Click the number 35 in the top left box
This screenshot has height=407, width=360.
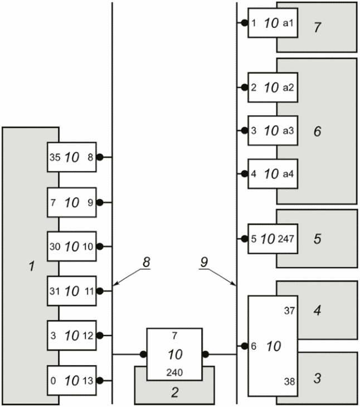point(55,157)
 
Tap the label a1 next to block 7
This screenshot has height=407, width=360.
point(288,23)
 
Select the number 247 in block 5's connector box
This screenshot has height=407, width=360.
point(286,239)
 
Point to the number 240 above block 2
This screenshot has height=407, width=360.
point(174,373)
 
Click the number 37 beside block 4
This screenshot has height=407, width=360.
point(289,311)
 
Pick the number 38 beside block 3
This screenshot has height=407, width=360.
point(289,381)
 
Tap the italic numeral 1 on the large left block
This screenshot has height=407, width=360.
point(32,266)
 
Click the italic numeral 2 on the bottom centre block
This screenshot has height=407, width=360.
point(175,392)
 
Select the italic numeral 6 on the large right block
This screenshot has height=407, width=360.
point(318,131)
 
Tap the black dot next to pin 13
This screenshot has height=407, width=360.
point(100,381)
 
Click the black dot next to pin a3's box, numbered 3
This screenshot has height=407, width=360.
point(244,130)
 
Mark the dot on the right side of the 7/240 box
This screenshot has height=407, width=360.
point(206,354)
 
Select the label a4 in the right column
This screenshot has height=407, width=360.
point(288,173)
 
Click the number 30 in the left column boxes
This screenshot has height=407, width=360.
point(55,246)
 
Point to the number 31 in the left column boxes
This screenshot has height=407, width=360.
point(55,291)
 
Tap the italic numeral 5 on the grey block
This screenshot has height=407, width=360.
point(318,239)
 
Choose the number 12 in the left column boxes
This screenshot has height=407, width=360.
point(88,336)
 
